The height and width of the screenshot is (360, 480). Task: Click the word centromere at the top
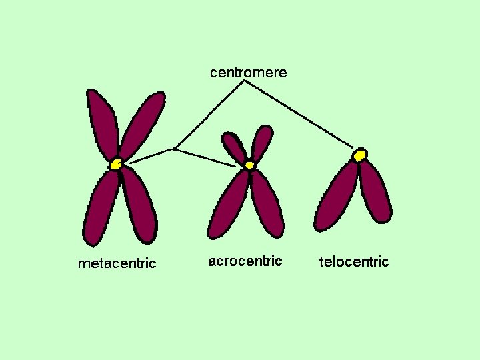coord(249,73)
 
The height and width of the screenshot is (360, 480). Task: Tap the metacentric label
coord(117,263)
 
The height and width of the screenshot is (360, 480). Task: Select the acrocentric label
coord(245,261)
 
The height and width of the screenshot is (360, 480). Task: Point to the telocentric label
coord(353,261)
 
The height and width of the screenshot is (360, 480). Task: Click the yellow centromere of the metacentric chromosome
coord(116,163)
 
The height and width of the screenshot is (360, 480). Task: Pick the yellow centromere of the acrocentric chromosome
coord(249,164)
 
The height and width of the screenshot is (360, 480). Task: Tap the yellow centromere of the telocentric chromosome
coord(360,155)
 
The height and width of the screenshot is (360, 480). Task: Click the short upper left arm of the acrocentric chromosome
coord(235,147)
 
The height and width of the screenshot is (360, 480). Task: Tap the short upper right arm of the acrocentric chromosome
coord(262,142)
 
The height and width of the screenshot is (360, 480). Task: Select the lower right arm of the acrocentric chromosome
coord(267,203)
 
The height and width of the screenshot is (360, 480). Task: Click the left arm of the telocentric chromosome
coord(337,197)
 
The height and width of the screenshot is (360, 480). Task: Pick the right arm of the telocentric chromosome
coord(375,193)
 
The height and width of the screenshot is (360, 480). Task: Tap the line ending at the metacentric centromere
coord(150,156)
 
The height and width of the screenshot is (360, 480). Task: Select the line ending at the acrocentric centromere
coord(207,157)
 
